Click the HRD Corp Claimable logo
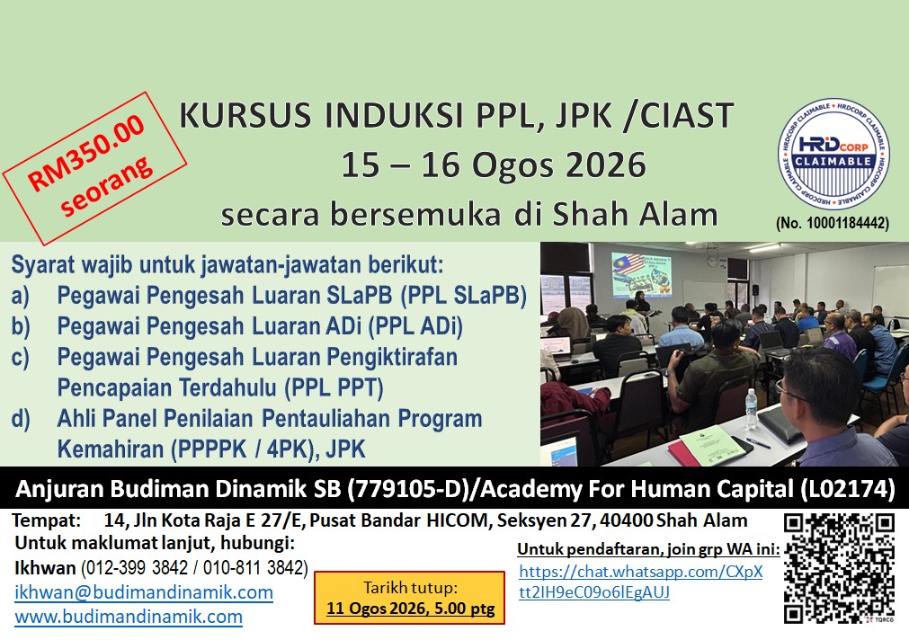(x=833, y=155)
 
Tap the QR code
(x=839, y=569)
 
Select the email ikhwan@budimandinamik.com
(x=144, y=591)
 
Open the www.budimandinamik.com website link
(x=129, y=617)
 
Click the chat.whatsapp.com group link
(x=640, y=582)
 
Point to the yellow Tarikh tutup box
(x=410, y=598)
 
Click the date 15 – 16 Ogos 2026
(x=494, y=164)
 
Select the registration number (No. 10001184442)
(x=833, y=223)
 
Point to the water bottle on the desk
(x=751, y=409)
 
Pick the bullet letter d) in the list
(x=21, y=419)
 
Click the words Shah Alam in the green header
(x=635, y=214)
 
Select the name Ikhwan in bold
(x=45, y=567)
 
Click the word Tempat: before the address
(x=47, y=520)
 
